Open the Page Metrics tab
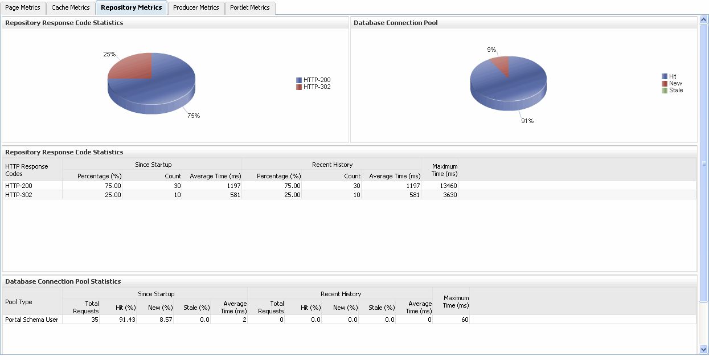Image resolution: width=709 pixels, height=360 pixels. [23, 8]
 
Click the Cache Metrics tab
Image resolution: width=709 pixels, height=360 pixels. [71, 8]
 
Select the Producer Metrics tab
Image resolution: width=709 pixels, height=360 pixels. [196, 8]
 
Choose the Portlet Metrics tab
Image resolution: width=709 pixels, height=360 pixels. [251, 8]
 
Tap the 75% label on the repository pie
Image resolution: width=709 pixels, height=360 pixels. [194, 116]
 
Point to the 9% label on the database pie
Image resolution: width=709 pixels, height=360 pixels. [491, 50]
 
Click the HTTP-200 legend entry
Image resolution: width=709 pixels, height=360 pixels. [317, 80]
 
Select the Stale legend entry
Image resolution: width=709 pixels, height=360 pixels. [676, 91]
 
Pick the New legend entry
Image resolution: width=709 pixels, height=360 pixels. [675, 84]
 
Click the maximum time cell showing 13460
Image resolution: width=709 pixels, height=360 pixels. [447, 186]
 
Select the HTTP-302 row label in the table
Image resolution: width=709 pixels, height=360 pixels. [18, 195]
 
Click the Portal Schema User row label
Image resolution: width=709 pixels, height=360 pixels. [31, 320]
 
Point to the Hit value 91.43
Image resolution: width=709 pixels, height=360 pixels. [126, 320]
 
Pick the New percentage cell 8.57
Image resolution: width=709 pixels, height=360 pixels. [163, 320]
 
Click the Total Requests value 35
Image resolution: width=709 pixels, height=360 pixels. [94, 320]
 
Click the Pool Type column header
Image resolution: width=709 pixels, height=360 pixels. [19, 302]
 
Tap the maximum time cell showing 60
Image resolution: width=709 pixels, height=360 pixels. [464, 320]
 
